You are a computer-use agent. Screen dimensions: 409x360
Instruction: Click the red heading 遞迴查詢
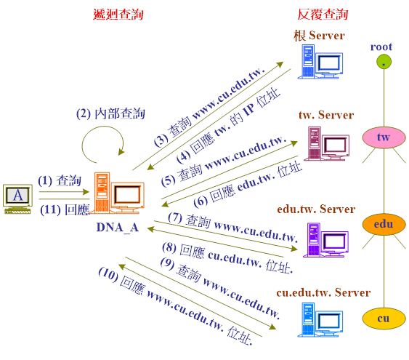pos(118,15)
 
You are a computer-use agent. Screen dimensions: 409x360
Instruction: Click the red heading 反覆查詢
pos(323,15)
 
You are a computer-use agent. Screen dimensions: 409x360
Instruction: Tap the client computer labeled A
pos(17,199)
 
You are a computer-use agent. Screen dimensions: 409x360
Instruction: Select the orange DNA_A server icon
pos(119,193)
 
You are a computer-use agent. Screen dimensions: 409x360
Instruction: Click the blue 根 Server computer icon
pos(320,62)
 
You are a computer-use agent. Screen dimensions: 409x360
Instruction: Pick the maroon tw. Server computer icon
pos(327,143)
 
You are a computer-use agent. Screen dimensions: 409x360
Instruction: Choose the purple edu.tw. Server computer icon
pos(325,240)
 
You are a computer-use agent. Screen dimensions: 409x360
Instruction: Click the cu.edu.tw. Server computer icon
pos(320,320)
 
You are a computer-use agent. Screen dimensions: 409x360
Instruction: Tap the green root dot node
pos(384,62)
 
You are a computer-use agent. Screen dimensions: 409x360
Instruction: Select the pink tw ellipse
pos(384,137)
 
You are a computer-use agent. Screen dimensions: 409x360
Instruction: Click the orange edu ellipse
pos(384,224)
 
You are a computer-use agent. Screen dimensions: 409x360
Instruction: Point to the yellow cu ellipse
pos(384,319)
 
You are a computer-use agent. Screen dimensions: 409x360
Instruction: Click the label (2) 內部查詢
pos(110,114)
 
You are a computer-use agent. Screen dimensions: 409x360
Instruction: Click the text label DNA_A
pos(118,228)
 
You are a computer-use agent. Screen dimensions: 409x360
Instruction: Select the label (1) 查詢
pos(60,180)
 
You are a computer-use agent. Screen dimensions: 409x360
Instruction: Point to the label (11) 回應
pos(65,209)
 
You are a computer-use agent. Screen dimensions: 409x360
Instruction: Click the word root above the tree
pos(381,47)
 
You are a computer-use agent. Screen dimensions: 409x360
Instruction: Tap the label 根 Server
pos(319,35)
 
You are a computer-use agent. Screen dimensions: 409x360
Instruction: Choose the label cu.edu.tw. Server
pos(323,292)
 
